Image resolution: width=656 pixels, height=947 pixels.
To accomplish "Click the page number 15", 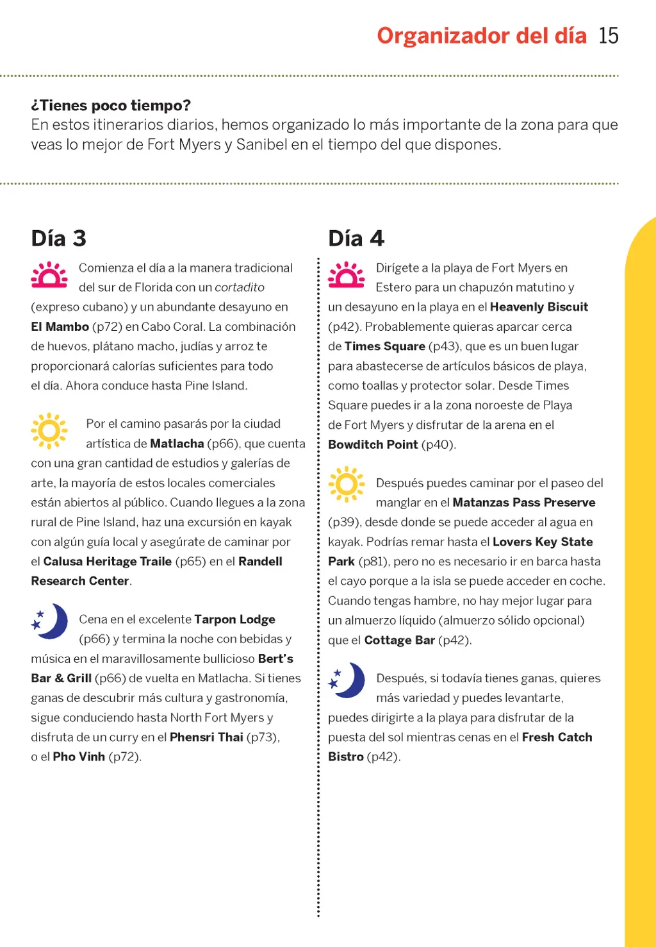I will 609,35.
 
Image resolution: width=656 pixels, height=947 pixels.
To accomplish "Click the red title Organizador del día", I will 482,35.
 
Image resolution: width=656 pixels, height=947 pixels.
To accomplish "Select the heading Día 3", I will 58,239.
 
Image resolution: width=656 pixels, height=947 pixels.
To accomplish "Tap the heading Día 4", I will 356,239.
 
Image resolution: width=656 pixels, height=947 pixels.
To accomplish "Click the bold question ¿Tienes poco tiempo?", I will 111,105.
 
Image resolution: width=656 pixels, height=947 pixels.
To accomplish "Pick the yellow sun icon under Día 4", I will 347,483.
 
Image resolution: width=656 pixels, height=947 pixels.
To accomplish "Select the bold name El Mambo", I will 60,326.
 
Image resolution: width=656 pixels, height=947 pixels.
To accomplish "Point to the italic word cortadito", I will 240,287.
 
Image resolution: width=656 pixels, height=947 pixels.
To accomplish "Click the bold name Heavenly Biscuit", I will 539,306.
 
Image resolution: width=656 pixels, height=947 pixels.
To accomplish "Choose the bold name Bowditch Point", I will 373,444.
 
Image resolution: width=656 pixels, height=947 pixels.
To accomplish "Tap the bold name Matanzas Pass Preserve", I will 524,503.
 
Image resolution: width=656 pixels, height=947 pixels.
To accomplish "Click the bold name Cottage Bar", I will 400,640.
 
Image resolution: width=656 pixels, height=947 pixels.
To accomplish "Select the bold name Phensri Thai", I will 206,737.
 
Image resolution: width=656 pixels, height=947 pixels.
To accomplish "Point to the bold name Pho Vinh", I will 79,757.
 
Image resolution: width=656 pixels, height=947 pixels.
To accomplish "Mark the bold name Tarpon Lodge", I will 234,619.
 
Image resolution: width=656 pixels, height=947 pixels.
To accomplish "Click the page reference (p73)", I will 263,737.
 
